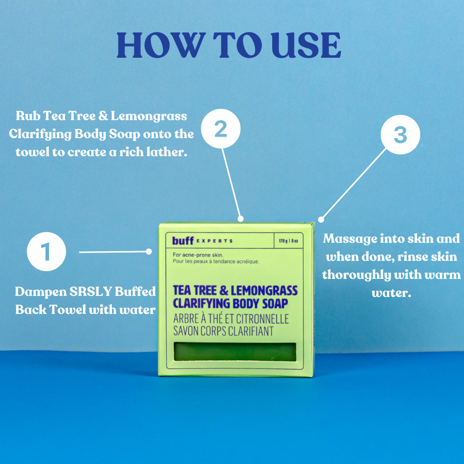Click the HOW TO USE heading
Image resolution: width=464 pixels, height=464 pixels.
pyautogui.click(x=229, y=44)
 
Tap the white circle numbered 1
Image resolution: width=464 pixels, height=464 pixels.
pyautogui.click(x=46, y=252)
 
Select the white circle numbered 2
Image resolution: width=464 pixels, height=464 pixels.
pyautogui.click(x=220, y=129)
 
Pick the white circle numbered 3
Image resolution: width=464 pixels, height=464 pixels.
pyautogui.click(x=400, y=135)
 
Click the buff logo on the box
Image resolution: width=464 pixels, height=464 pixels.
pyautogui.click(x=183, y=240)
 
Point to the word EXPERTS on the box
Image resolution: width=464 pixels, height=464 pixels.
pyautogui.click(x=214, y=241)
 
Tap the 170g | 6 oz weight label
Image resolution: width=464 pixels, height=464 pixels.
pyautogui.click(x=288, y=240)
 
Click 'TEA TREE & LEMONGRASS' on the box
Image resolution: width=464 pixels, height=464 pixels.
pyautogui.click(x=235, y=290)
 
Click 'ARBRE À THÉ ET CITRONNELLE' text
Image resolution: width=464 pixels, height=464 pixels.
pyautogui.click(x=231, y=319)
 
